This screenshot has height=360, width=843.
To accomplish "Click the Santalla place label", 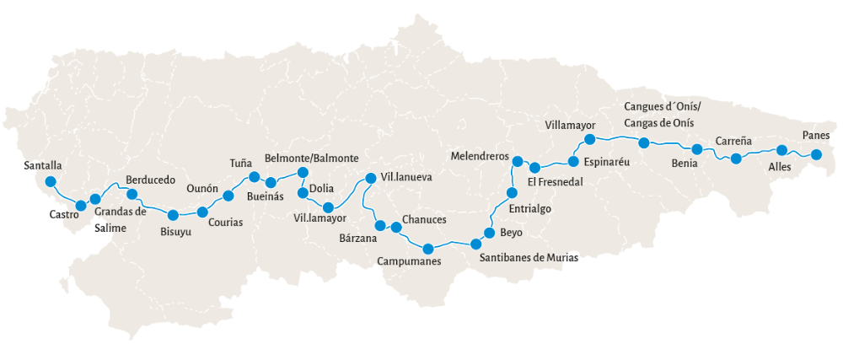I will point(43,166).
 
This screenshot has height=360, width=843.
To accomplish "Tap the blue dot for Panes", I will point(816,153).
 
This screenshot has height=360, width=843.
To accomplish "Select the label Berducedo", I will point(150,180).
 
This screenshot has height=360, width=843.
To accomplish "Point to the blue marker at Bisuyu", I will point(173,215).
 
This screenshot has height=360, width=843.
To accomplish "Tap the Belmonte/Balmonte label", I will point(312,159).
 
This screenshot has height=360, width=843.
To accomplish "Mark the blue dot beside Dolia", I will point(303,193).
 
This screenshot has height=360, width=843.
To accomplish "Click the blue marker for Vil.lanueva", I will point(368,178).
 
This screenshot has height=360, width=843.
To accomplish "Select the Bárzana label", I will point(357,239).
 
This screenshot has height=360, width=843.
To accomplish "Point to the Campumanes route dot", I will point(428,248).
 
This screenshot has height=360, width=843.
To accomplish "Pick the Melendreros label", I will point(481,157).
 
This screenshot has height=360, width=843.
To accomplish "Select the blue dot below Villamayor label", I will point(590,139).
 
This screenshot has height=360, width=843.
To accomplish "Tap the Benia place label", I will point(684,163).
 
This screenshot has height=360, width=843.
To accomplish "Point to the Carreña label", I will point(733,141).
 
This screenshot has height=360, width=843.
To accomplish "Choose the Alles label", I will point(780,167).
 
